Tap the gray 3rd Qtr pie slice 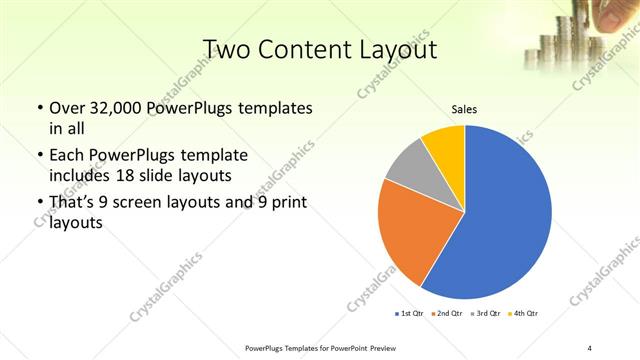(410, 164)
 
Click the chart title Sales (463, 110)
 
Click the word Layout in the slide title (394, 50)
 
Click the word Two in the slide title (227, 50)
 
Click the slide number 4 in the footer (589, 347)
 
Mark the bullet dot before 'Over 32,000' (39, 108)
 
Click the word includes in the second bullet (82, 174)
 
